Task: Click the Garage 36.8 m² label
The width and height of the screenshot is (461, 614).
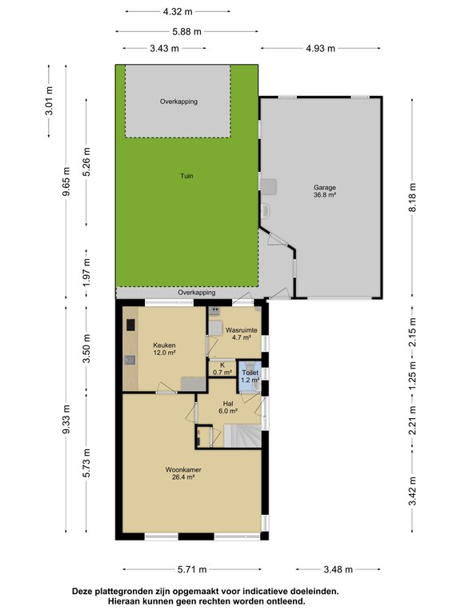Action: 324,191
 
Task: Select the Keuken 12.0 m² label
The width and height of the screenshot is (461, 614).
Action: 165,349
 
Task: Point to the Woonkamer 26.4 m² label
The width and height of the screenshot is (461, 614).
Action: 181,473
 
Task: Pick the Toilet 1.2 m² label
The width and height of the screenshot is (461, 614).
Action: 251,377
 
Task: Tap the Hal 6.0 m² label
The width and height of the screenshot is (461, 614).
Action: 228,407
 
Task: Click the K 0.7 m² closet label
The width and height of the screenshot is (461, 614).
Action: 222,369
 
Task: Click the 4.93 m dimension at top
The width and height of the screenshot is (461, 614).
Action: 320,50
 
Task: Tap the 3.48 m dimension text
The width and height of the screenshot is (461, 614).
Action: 337,569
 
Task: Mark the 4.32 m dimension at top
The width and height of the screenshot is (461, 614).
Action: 177,12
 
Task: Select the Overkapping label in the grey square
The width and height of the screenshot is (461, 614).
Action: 178,102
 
